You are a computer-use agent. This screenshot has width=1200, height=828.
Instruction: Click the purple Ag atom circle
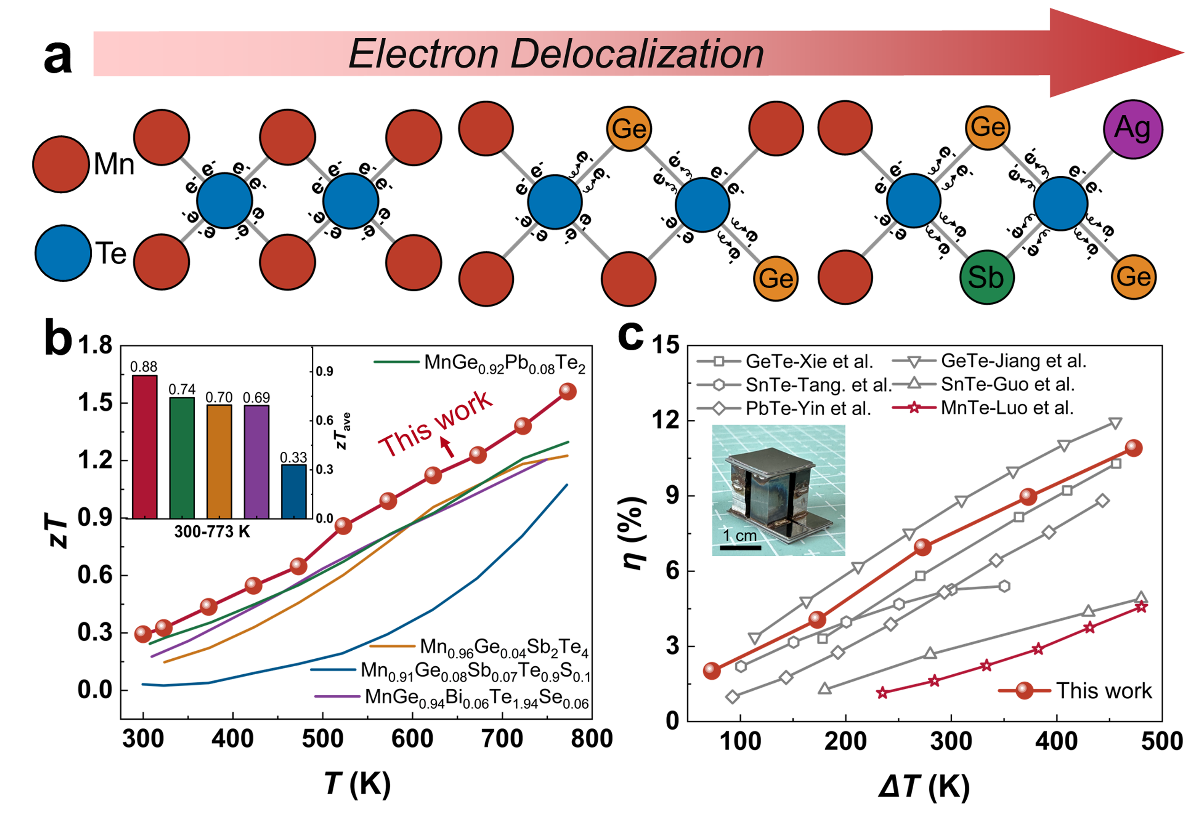(1133, 129)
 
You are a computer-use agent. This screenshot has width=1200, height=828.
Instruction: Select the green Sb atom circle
(986, 277)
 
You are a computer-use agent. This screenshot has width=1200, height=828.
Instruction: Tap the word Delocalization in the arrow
(637, 54)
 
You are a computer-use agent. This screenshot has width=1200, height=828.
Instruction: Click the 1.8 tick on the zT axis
(95, 346)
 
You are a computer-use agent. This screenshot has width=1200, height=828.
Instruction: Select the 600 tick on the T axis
(412, 739)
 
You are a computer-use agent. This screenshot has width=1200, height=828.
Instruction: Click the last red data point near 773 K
(568, 392)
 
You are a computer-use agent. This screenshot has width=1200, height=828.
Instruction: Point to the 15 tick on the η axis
(666, 345)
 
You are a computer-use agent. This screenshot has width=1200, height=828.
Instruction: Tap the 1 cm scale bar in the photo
(740, 547)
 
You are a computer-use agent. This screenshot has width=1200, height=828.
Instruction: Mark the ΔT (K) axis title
(924, 787)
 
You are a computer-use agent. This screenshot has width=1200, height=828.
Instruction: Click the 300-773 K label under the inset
(212, 532)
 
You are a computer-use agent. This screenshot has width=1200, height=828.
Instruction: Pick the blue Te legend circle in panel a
(63, 253)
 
